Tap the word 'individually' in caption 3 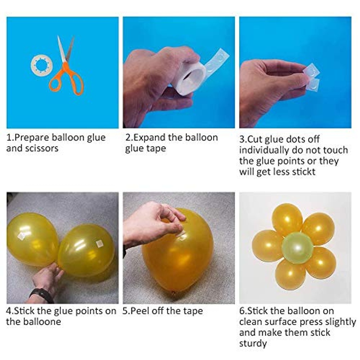click(x=264, y=150)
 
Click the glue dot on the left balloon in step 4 click(x=21, y=236)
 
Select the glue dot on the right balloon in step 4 click(x=99, y=243)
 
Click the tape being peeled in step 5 click(x=181, y=235)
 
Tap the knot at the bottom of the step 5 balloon click(x=173, y=293)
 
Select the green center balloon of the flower click(x=297, y=247)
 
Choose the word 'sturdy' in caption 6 click(x=253, y=344)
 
